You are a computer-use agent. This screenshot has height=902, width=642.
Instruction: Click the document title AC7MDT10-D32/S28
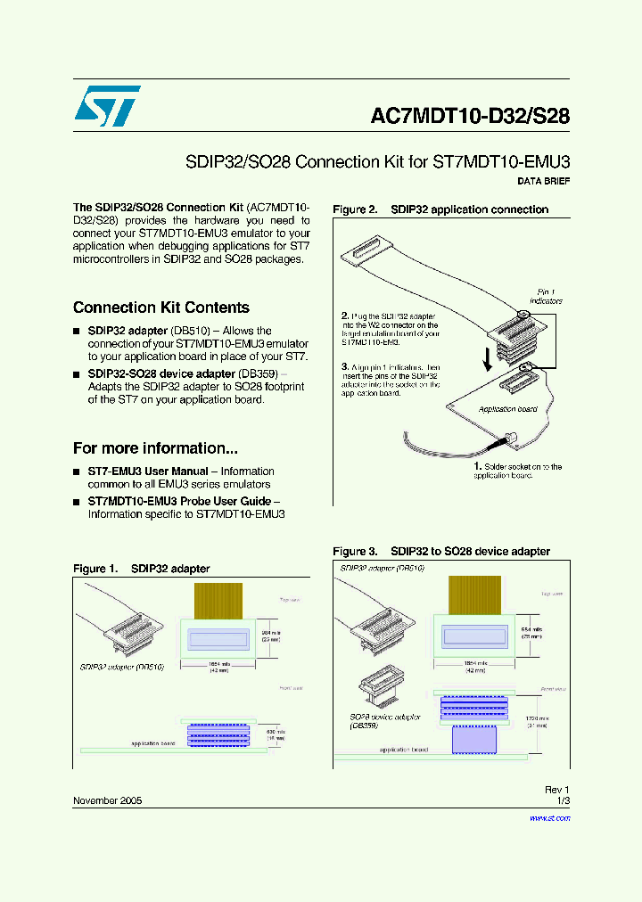[469, 117]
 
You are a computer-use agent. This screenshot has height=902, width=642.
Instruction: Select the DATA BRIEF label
[543, 181]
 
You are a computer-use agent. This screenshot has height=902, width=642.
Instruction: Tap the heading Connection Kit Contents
[160, 307]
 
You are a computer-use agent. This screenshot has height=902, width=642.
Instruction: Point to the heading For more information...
[155, 448]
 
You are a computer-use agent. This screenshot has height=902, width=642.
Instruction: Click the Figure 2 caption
[440, 209]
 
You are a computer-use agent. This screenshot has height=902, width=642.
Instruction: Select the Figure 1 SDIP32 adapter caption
[141, 569]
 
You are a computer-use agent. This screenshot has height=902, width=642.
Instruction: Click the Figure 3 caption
[441, 552]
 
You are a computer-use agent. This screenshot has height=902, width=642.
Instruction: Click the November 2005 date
[107, 800]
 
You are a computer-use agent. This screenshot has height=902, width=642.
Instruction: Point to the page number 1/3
[562, 800]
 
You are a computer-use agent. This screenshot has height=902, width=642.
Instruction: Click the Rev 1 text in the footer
[556, 790]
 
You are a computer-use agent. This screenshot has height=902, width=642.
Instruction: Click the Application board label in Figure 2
[507, 409]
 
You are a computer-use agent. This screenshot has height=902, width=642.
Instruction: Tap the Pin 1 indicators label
[546, 296]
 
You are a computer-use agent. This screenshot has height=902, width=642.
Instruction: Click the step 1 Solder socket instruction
[517, 471]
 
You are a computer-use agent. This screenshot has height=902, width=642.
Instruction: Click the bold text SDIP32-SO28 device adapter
[183, 373]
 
